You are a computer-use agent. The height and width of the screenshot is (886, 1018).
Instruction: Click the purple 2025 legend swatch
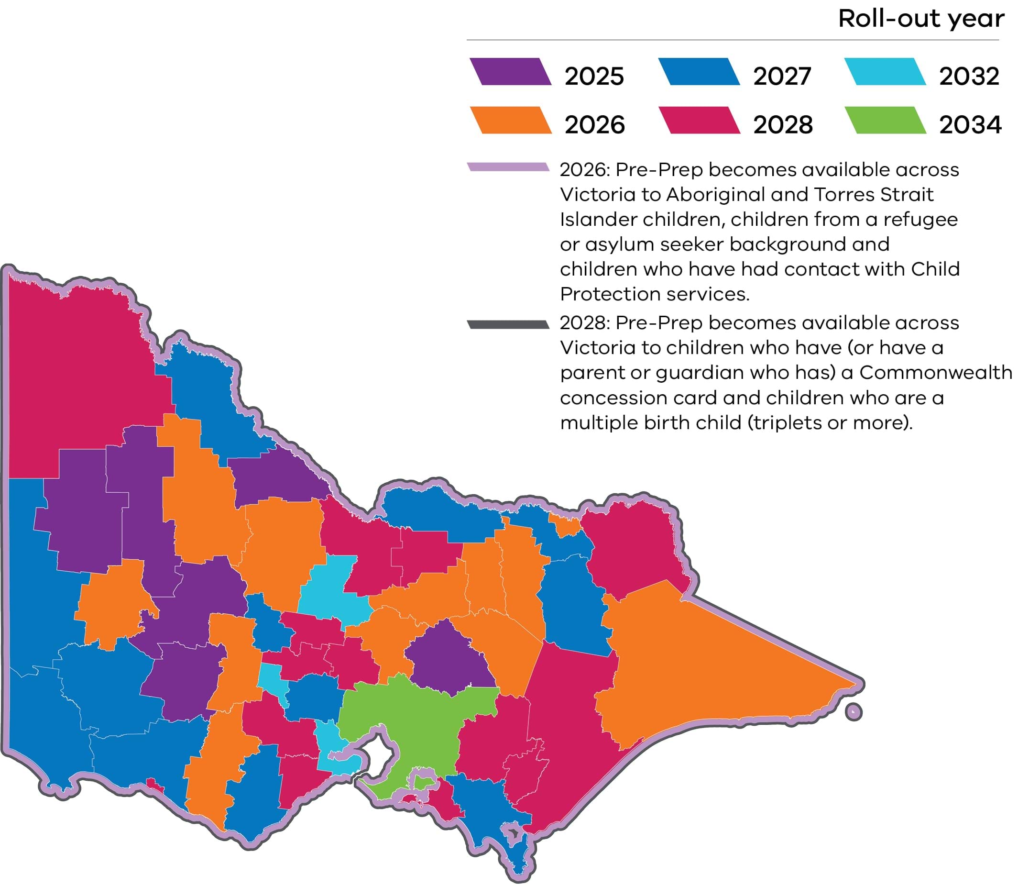click(511, 72)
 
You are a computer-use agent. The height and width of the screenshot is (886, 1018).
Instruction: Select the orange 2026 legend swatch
click(511, 121)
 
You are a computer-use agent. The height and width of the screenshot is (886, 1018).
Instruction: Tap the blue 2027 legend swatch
click(699, 72)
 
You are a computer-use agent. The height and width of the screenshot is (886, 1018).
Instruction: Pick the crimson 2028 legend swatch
click(699, 121)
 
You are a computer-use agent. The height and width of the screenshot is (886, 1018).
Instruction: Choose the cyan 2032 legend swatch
click(885, 72)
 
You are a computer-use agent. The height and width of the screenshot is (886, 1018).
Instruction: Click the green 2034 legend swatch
click(885, 121)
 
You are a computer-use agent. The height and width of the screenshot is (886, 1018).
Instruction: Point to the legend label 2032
click(969, 76)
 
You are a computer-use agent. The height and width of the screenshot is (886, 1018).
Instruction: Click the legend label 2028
click(783, 124)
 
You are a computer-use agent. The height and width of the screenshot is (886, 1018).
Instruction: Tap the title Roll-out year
click(921, 19)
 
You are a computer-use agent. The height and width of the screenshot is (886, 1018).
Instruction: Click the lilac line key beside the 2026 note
click(508, 167)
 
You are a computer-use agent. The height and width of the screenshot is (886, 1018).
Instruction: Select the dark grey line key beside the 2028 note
click(508, 324)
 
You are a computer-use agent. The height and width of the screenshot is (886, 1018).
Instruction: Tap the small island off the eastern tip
click(854, 712)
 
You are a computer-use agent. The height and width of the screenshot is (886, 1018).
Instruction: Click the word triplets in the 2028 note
click(781, 423)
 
